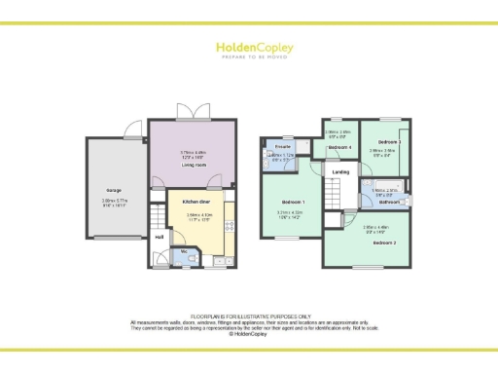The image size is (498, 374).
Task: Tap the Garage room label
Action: [113, 189]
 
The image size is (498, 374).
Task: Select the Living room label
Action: [194, 165]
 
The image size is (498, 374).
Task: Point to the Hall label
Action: [159, 236]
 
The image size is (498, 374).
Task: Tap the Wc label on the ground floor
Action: [184, 251]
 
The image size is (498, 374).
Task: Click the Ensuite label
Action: [272, 146]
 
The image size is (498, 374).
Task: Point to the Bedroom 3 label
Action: [390, 142]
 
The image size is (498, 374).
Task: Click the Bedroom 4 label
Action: [339, 147]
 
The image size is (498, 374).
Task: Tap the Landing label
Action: [340, 172]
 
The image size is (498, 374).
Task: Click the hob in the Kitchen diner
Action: [230, 226]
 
